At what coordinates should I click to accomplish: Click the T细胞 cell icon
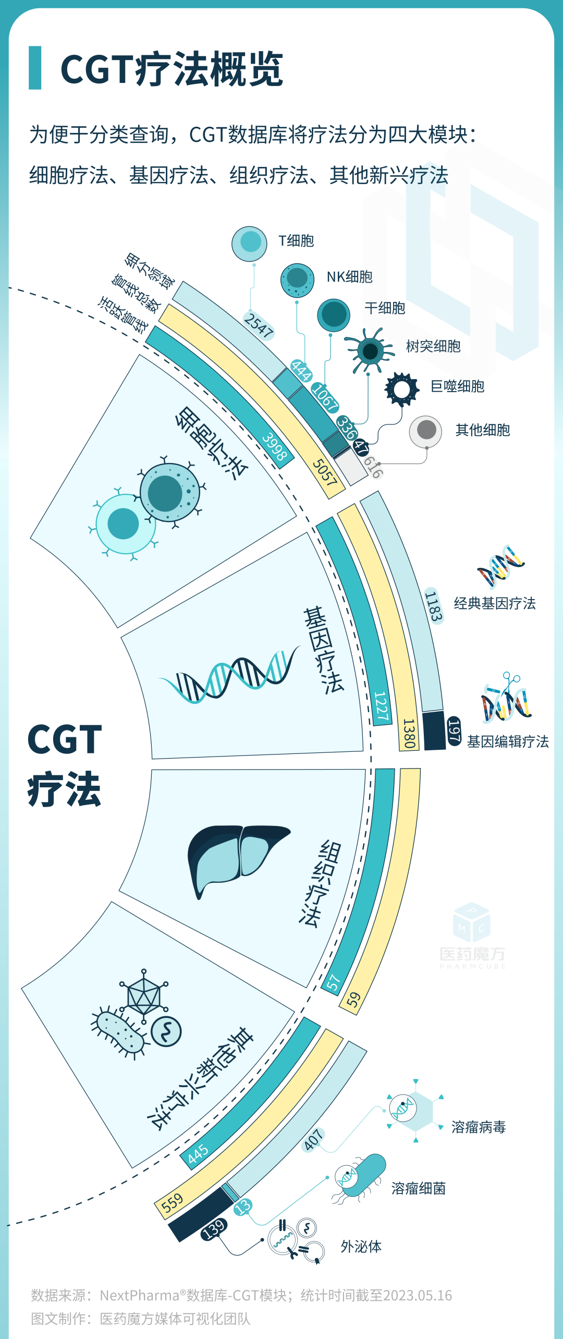(x=250, y=244)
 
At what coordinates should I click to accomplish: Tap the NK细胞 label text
(x=349, y=277)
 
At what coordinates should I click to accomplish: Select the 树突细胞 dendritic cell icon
(x=369, y=350)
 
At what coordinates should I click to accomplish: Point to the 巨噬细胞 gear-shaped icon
(x=401, y=389)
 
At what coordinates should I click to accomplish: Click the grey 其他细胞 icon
(x=426, y=431)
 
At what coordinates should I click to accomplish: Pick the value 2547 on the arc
(x=259, y=325)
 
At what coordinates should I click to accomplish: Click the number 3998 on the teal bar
(x=275, y=446)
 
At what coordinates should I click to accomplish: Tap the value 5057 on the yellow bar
(x=324, y=473)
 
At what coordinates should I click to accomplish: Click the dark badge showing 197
(x=454, y=731)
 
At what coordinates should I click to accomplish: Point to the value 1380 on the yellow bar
(x=409, y=734)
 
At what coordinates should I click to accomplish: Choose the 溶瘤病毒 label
(x=478, y=1127)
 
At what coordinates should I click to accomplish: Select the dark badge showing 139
(x=214, y=1229)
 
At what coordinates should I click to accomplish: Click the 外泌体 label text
(x=361, y=1247)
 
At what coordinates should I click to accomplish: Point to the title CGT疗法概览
(x=172, y=69)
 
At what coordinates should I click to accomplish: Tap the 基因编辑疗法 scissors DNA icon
(x=505, y=699)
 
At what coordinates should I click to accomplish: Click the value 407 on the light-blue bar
(x=313, y=1140)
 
